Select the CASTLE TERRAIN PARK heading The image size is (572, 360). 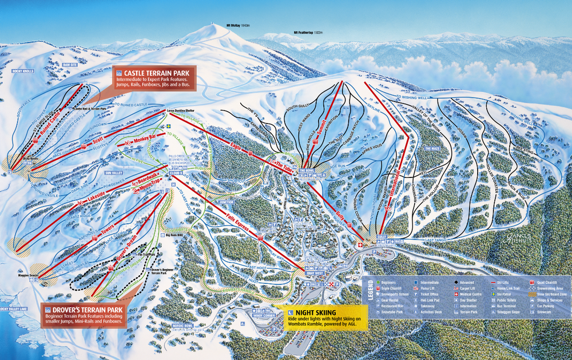pos(158,73)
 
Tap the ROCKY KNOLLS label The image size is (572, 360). pos(23,71)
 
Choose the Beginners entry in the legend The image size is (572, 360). pos(390,283)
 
